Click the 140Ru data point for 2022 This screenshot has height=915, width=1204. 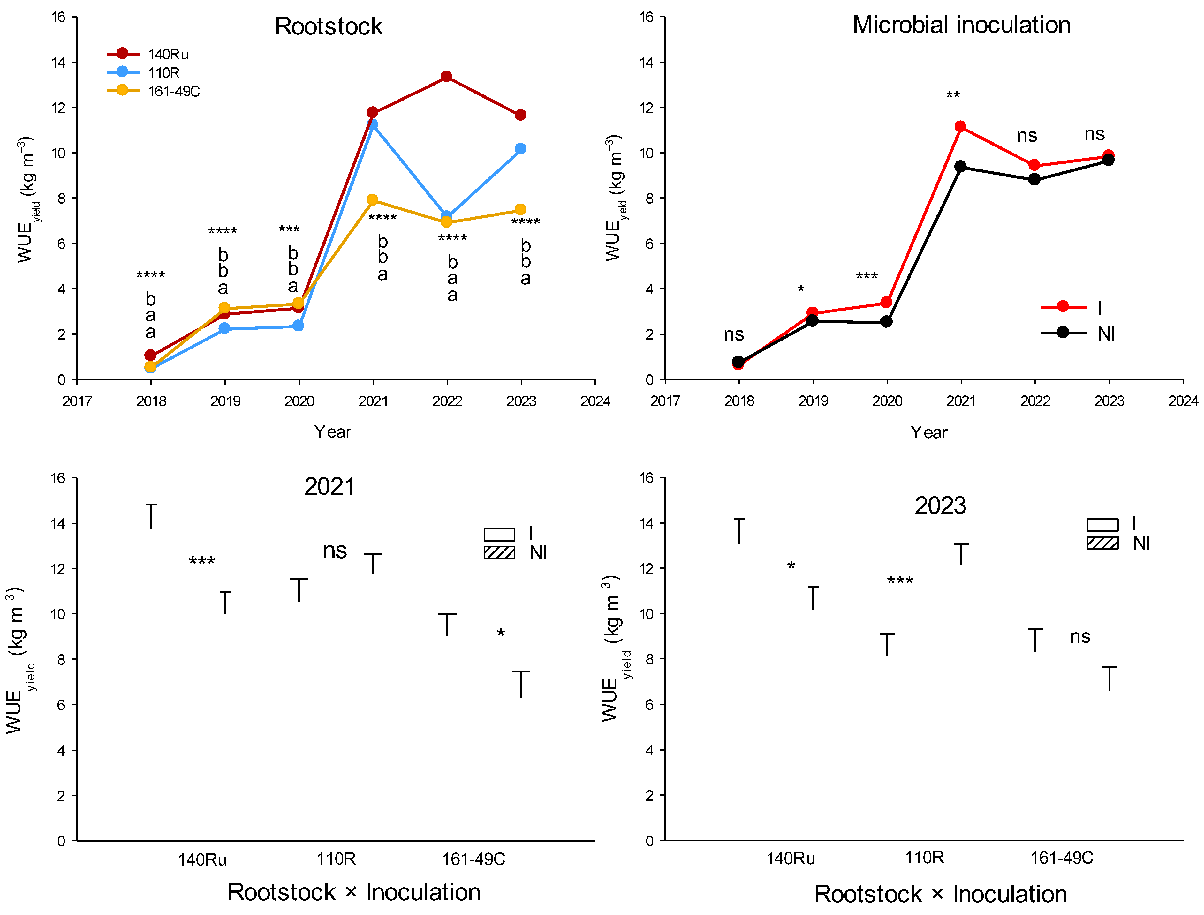446,76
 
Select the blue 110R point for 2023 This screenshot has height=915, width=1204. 520,149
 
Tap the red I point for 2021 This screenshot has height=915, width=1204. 960,126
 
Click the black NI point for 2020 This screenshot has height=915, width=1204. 886,321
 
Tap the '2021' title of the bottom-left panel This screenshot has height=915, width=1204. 329,486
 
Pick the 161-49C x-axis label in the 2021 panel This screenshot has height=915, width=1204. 473,859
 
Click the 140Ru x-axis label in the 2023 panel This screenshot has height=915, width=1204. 791,859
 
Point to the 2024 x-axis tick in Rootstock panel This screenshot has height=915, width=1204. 595,401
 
